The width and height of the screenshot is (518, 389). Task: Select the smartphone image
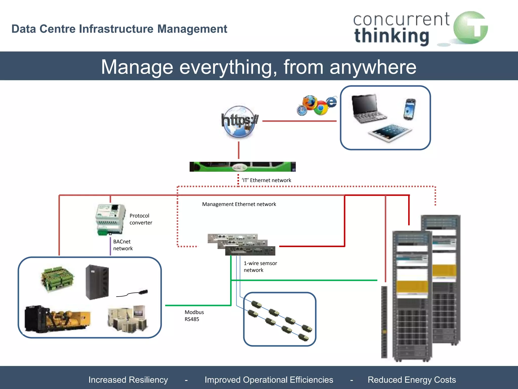click(x=409, y=109)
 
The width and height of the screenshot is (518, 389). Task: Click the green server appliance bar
click(x=242, y=167)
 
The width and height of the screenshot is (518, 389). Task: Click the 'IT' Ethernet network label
click(x=266, y=180)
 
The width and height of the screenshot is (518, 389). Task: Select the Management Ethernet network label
click(x=239, y=204)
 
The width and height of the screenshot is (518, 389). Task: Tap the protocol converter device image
click(x=110, y=219)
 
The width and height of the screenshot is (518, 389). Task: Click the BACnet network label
click(x=123, y=245)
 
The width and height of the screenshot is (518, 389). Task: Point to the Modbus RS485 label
click(x=194, y=316)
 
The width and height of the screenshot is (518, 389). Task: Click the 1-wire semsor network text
click(x=260, y=266)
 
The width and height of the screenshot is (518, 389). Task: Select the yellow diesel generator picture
click(x=58, y=319)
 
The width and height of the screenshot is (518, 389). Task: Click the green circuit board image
click(x=58, y=279)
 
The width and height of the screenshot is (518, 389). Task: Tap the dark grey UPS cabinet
click(x=97, y=282)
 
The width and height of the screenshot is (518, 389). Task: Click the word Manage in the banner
click(x=137, y=67)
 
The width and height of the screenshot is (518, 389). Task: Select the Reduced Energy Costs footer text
click(x=412, y=380)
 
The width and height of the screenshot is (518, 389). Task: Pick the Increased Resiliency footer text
click(x=128, y=380)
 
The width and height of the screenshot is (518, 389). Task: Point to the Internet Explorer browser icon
click(x=331, y=102)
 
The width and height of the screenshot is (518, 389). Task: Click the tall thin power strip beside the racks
click(x=384, y=322)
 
